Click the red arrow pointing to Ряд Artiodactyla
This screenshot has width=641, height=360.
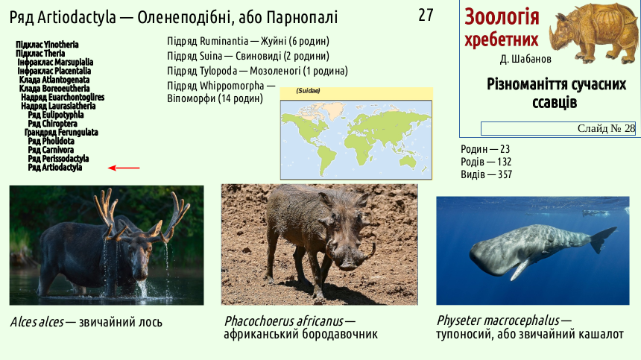(x=124, y=168)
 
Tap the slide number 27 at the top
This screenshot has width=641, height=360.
(x=426, y=15)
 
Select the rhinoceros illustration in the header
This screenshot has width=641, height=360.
(x=593, y=33)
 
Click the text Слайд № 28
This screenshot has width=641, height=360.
(x=606, y=128)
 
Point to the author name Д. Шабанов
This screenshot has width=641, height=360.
(x=525, y=59)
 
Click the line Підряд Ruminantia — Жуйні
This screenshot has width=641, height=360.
(x=248, y=41)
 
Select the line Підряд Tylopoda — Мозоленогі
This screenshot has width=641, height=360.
(x=258, y=71)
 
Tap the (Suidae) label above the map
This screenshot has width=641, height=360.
(x=308, y=91)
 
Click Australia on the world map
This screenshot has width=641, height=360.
(x=408, y=162)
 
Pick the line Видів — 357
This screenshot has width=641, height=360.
(x=487, y=174)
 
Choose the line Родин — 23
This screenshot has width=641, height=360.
(x=485, y=149)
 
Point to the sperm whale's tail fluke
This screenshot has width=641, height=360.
(x=602, y=240)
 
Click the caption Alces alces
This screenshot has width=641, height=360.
(x=37, y=322)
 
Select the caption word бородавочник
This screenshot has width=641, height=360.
(x=339, y=334)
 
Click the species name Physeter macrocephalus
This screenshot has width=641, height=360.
(x=498, y=320)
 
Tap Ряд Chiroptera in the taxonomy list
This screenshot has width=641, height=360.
(x=52, y=124)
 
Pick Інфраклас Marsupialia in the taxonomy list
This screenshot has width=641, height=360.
(x=55, y=62)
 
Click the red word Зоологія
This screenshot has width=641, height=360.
(x=502, y=16)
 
